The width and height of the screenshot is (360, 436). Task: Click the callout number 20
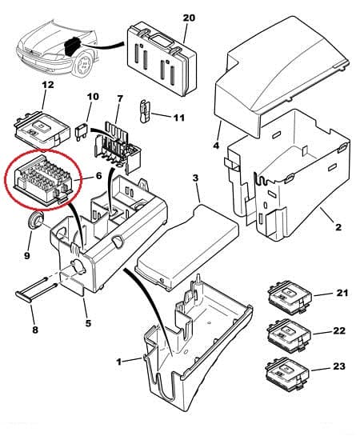pyautogui.click(x=188, y=17)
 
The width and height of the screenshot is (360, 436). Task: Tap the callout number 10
pyautogui.click(x=93, y=98)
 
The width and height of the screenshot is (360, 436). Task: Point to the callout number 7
pyautogui.click(x=120, y=99)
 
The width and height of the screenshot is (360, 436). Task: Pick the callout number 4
pyautogui.click(x=216, y=145)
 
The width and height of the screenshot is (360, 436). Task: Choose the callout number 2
pyautogui.click(x=337, y=227)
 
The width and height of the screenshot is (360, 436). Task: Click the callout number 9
pyautogui.click(x=26, y=256)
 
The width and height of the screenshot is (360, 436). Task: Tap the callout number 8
pyautogui.click(x=34, y=329)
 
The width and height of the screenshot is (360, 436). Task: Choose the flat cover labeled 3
pyautogui.click(x=186, y=246)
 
